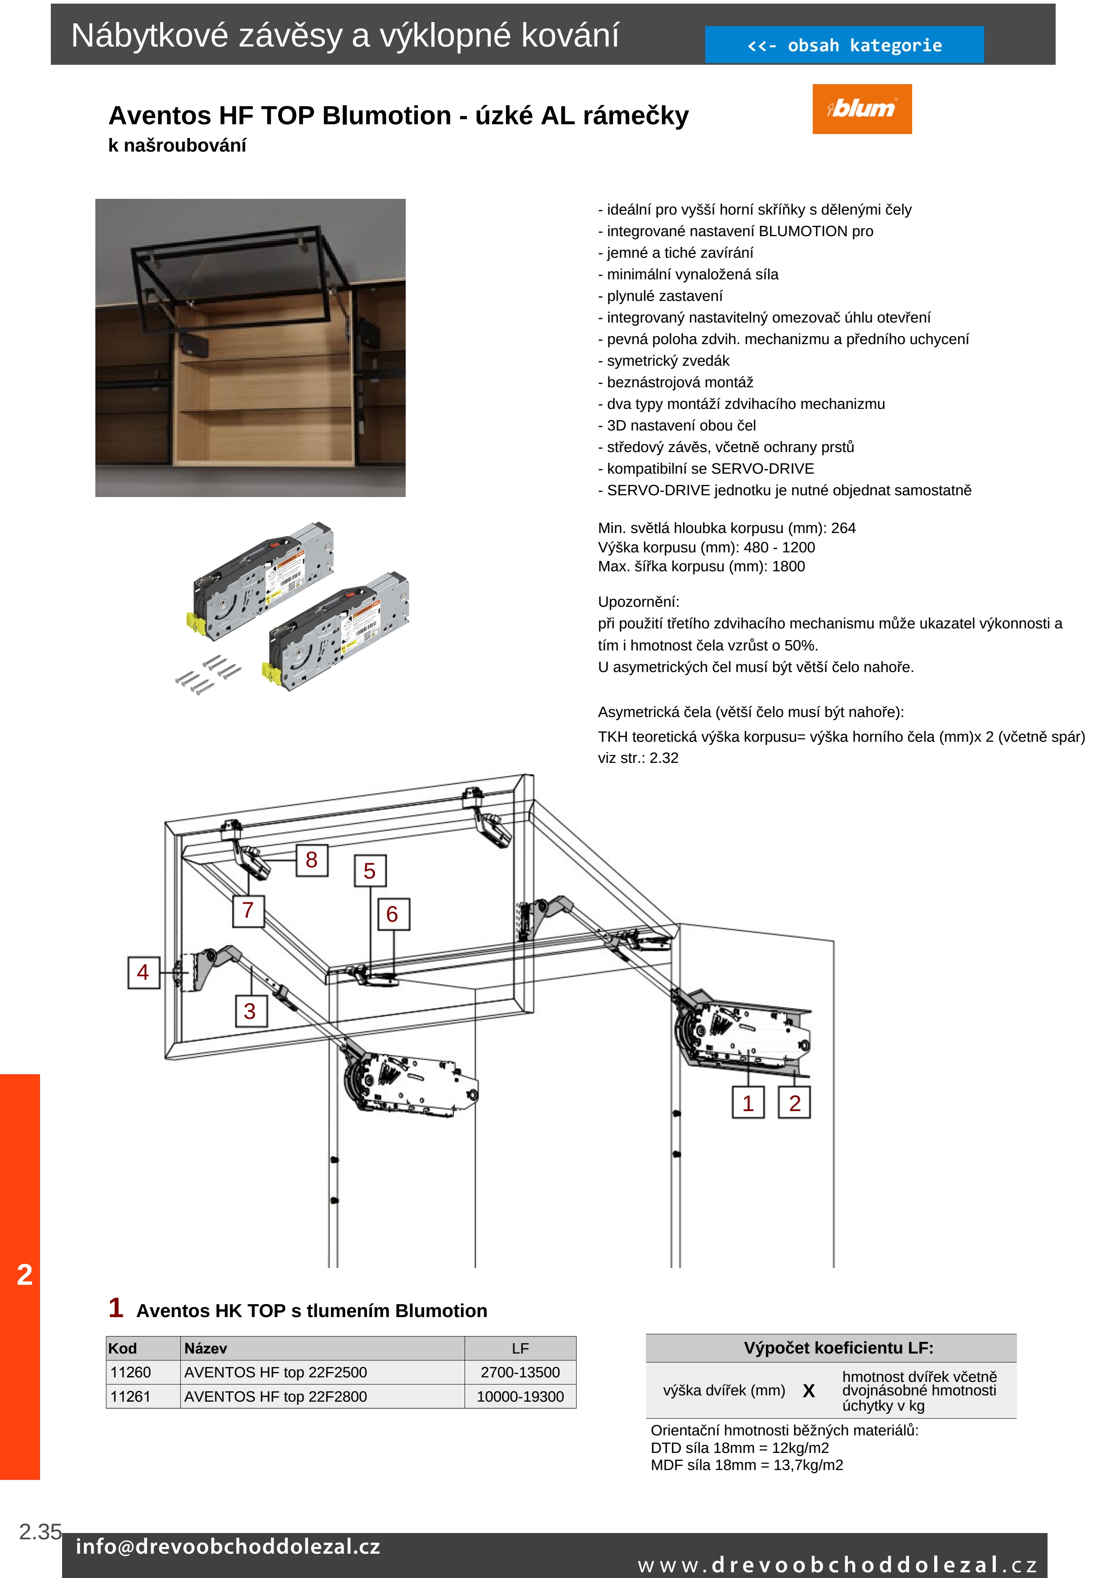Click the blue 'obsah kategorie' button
(844, 45)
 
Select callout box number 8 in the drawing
(312, 860)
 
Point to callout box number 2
(794, 1103)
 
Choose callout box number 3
(250, 1011)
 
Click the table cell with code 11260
(130, 1372)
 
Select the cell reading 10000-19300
(520, 1397)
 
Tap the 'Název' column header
(206, 1349)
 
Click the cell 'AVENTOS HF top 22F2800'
(275, 1397)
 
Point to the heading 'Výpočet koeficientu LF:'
(838, 1348)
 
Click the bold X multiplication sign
(809, 1391)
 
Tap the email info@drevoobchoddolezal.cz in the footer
(228, 1547)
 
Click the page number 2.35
(40, 1532)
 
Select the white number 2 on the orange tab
(25, 1275)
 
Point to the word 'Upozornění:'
(638, 602)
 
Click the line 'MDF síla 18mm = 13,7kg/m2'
(747, 1465)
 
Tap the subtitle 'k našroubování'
(177, 146)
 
